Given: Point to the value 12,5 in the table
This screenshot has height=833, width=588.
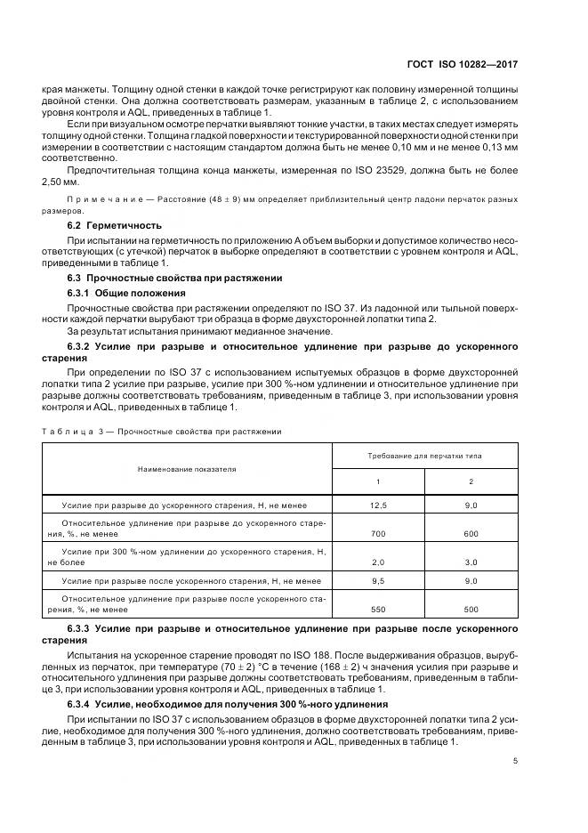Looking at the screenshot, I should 378,505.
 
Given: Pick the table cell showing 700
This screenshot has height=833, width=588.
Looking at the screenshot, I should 378,533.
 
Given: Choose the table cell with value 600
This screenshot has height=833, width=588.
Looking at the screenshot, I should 471,533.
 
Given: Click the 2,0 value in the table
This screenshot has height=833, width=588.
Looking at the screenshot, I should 378,562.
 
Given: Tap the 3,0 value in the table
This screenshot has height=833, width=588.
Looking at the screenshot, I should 471,562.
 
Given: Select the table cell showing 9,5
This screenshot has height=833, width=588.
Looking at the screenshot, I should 378,580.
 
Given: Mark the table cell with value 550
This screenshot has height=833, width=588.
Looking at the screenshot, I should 378,609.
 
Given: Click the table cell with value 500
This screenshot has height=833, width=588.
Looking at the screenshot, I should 471,609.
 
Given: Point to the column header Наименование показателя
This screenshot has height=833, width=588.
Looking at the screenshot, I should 187,467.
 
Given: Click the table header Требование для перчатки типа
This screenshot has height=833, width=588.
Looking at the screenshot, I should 424,455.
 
